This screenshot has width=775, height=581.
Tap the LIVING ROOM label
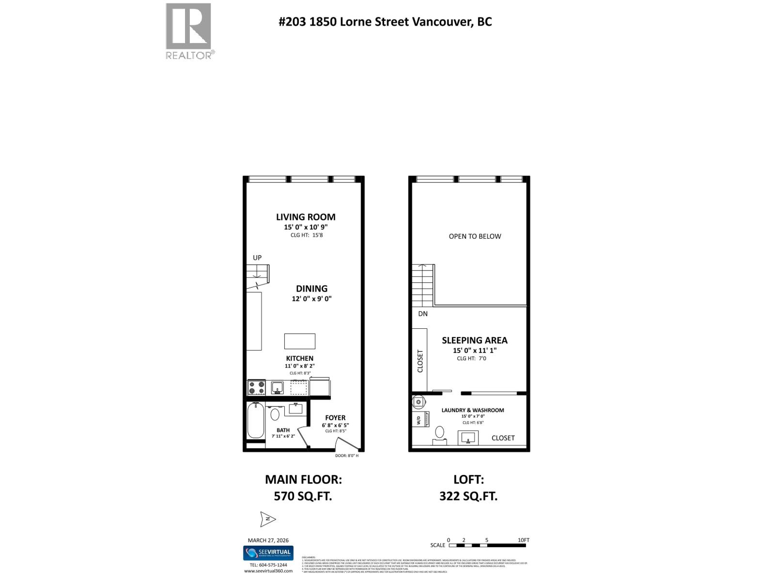(x=306, y=217)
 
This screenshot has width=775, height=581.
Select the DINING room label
(x=311, y=289)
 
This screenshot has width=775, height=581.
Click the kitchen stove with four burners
(x=256, y=387)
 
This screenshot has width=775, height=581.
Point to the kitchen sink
(x=277, y=387)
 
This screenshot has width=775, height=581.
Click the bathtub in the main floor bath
(x=255, y=420)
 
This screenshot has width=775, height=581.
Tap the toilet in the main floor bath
(x=275, y=414)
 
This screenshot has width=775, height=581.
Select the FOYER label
(x=335, y=418)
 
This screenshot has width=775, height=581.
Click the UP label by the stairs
(x=257, y=258)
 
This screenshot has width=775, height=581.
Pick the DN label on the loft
(x=423, y=314)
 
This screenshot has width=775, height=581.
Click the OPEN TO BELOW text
(x=475, y=236)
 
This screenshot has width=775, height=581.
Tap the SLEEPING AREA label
(x=474, y=340)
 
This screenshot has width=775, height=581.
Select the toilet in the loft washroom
(x=440, y=432)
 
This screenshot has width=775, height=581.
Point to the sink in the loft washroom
(x=468, y=438)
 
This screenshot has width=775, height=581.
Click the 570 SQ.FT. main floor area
(x=303, y=496)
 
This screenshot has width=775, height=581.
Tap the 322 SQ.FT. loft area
(x=468, y=496)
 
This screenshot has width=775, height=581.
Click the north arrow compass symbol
(x=267, y=520)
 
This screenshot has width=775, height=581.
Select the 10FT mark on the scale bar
(x=524, y=540)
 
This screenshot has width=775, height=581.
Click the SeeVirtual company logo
(x=268, y=553)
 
